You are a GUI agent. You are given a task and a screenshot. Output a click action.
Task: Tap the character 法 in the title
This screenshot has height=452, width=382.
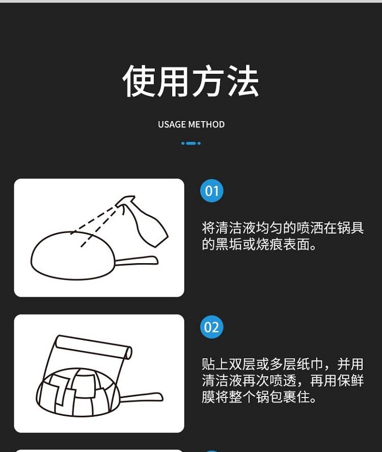(242, 81)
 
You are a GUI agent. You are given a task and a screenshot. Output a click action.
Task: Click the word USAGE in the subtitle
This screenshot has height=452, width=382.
(172, 125)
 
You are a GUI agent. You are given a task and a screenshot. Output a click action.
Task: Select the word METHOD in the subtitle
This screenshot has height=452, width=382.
(206, 125)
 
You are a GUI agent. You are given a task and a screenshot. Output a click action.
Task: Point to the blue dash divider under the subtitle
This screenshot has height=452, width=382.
(191, 143)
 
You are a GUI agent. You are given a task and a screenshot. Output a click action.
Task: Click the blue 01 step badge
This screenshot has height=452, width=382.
(212, 190)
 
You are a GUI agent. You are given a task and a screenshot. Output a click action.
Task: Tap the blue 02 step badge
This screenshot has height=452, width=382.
(212, 327)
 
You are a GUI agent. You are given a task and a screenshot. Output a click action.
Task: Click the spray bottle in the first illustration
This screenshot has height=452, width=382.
(144, 220)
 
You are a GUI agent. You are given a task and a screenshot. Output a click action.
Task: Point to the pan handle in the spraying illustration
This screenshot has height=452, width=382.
(137, 261)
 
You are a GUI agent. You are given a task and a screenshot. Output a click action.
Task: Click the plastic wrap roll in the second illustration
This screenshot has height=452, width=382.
(94, 347)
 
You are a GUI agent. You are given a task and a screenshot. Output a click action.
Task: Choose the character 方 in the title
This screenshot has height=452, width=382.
(209, 81)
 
